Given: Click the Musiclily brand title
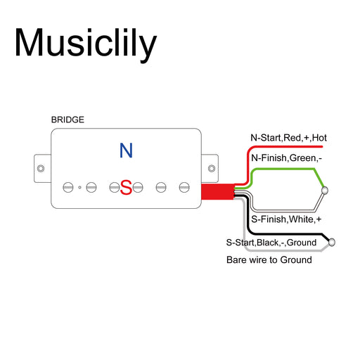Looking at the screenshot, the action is click(86, 44).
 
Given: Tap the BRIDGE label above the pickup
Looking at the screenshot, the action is click(67, 120).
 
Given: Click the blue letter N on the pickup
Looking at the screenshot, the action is click(126, 150).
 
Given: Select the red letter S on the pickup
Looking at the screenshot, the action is click(126, 188).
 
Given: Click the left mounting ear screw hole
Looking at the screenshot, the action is click(41, 169).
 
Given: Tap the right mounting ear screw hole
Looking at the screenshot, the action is click(212, 169).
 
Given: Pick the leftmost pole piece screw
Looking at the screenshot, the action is click(68, 188).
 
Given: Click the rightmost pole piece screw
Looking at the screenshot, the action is click(184, 188).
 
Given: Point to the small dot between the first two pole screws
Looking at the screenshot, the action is click(79, 188).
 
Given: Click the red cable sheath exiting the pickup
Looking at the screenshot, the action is click(218, 192).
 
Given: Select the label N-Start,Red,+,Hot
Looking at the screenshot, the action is click(288, 138).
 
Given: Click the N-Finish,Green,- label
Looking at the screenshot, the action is click(286, 158).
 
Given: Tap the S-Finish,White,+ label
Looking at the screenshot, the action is click(286, 219).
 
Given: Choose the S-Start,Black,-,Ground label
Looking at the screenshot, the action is click(271, 243).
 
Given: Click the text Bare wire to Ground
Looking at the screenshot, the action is click(269, 260).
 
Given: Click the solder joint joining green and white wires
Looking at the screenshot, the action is click(325, 191).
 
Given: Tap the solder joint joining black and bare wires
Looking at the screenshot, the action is click(332, 243).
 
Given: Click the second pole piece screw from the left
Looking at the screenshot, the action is click(91, 188).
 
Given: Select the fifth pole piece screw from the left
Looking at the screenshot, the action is click(161, 188).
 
